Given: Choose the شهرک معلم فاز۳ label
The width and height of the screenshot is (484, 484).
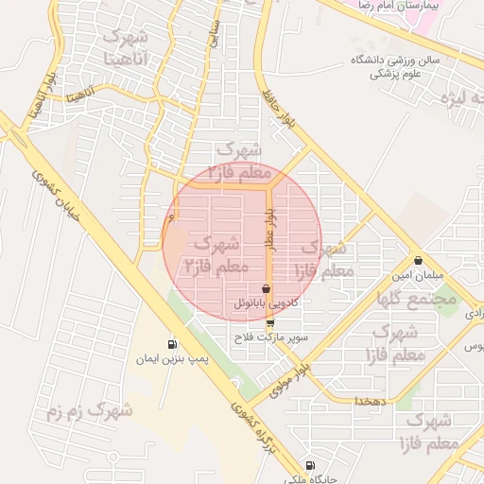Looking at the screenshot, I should [244, 160].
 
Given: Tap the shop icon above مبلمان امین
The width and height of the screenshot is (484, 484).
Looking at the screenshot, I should [418, 260].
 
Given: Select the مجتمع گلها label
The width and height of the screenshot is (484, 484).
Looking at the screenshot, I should [417, 297].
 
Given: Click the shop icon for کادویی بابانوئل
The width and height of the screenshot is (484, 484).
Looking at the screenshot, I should [266, 288].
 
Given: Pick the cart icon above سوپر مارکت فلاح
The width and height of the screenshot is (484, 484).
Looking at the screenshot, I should [271, 322].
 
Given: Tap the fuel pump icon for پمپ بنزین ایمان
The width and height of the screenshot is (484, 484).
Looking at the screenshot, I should [171, 344].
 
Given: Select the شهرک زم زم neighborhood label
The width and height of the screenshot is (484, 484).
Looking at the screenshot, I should [90, 412].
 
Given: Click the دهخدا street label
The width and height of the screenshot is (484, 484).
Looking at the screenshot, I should [367, 401].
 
